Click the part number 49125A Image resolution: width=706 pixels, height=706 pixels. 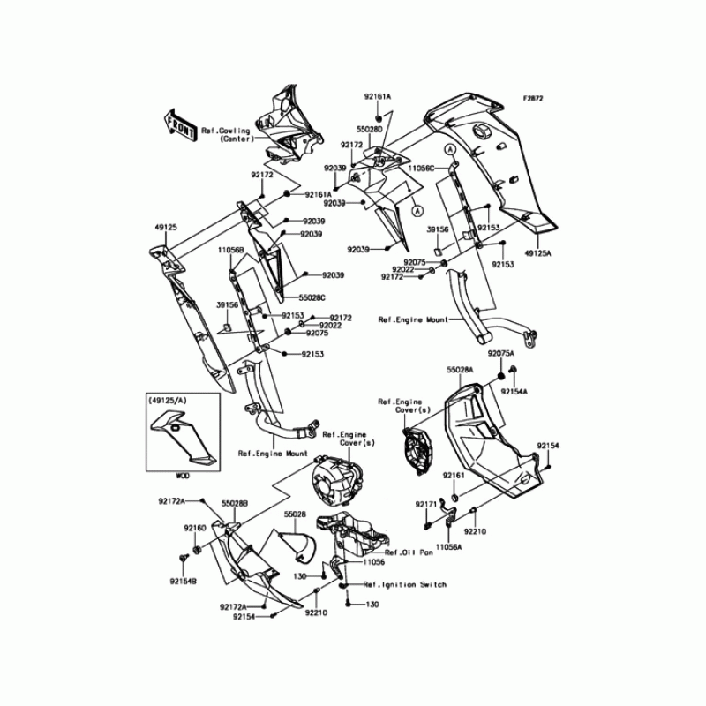pos(537,252)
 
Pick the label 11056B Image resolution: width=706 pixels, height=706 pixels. pos(231,249)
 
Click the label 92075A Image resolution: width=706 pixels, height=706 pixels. pos(500,354)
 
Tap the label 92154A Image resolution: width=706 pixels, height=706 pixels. pos(514,391)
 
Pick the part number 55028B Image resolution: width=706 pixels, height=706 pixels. pos(235,502)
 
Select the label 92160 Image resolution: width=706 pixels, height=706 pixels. pos(194,527)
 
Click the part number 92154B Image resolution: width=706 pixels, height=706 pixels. pos(184,582)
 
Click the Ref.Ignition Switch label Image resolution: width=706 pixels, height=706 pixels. pos(404,584)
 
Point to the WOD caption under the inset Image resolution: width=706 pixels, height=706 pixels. pos(183,475)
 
